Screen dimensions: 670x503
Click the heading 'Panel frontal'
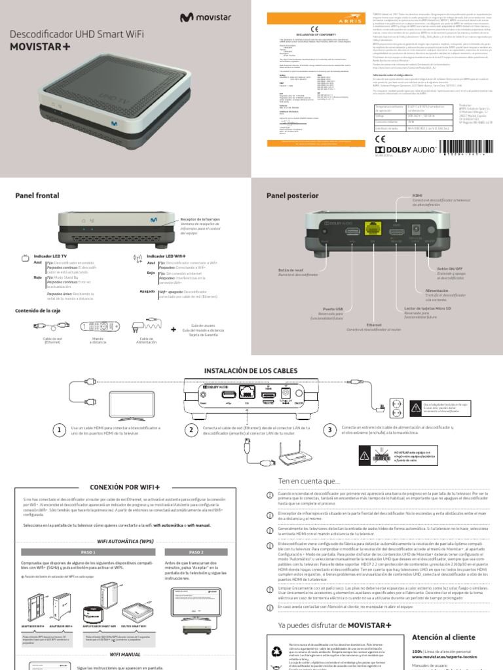(x=37, y=196)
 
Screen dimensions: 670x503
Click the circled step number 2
(x=191, y=430)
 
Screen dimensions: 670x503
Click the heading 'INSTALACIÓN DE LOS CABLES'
(x=251, y=371)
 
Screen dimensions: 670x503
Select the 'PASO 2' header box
(x=196, y=552)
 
